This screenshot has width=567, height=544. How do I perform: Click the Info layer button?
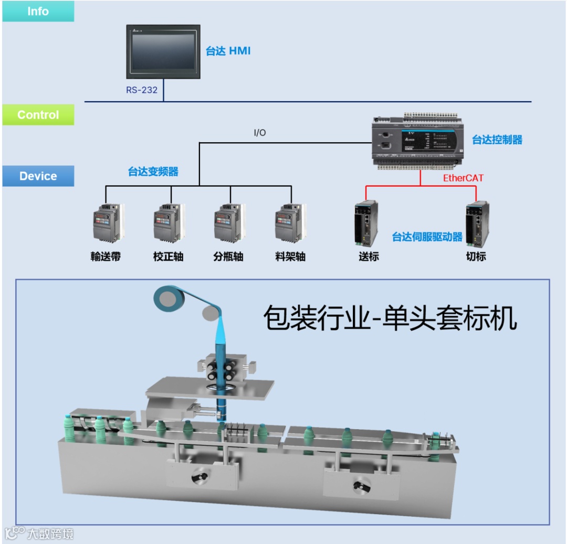point(38,11)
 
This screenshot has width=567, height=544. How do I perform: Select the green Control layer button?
point(38,115)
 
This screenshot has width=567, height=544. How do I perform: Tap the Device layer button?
point(38,176)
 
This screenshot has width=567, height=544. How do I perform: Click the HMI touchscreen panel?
point(163,51)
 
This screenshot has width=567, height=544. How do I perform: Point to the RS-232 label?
point(141,90)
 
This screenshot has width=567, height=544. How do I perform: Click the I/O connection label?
point(259,133)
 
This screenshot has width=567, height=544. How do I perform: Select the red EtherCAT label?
point(463,178)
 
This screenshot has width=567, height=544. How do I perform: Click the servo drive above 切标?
point(477,223)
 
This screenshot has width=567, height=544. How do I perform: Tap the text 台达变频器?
point(153,172)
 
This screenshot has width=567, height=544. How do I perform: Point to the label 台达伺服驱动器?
point(427,237)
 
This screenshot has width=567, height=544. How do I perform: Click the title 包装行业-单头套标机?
point(390,318)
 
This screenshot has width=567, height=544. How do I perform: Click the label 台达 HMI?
point(228,51)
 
